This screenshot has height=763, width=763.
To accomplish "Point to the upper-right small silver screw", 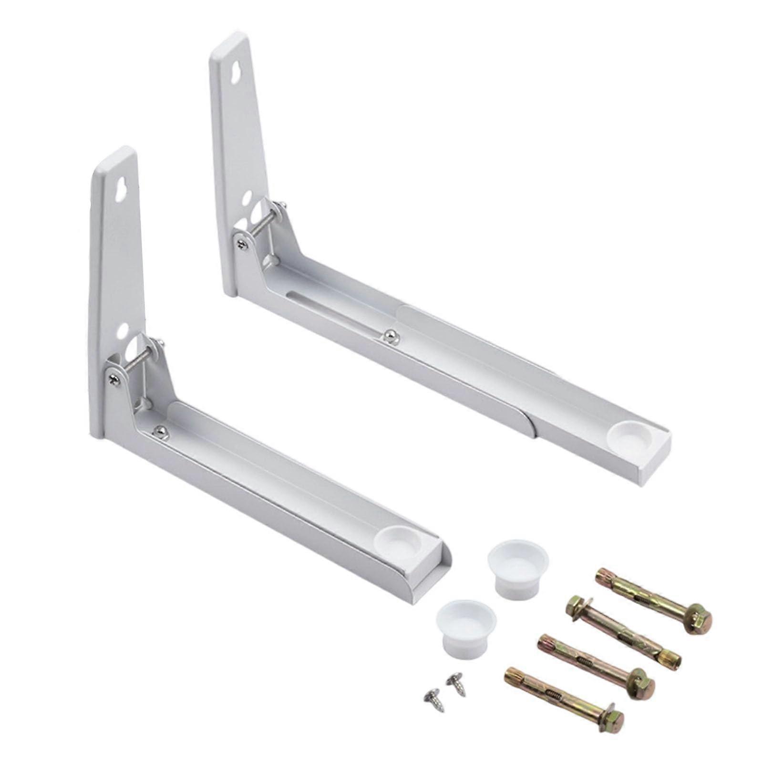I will pyautogui.click(x=455, y=684).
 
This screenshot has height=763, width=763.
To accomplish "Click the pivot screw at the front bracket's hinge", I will pyautogui.click(x=114, y=379).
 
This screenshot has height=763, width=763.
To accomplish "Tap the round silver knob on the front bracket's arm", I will pyautogui.click(x=159, y=431).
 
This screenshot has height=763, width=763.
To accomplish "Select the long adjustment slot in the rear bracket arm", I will pyautogui.click(x=334, y=310).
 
